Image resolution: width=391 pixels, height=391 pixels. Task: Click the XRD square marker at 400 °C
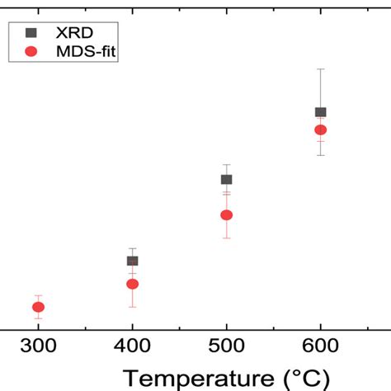(132, 261)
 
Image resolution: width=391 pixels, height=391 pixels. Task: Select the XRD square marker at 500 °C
(226, 179)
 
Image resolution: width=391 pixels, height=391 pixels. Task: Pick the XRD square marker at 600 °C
(320, 111)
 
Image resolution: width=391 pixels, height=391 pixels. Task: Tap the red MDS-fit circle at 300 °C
(38, 307)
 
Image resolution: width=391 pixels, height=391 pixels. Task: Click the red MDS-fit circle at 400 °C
(132, 284)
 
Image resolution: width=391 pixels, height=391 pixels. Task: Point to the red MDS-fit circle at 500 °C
(226, 214)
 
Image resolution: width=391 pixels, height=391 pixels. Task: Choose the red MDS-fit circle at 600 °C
(320, 130)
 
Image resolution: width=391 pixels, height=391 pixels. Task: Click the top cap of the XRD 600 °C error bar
(320, 68)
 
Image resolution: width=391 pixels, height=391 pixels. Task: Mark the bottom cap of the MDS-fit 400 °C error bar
(132, 307)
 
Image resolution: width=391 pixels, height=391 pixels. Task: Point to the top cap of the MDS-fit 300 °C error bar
(38, 295)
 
